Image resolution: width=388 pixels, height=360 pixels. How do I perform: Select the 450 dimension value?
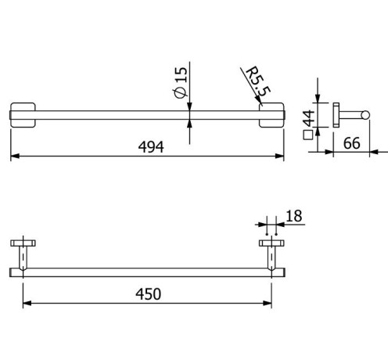pos(147,294)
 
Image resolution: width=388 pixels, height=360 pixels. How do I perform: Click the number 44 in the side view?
pos(308,118)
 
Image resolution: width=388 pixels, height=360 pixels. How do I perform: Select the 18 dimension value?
pos(294,216)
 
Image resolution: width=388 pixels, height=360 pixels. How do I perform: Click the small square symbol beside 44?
pos(308,135)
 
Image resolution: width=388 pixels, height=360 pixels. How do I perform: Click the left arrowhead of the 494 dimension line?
pos(13,157)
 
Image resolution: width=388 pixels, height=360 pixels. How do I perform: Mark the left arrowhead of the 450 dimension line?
pos(26,303)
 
